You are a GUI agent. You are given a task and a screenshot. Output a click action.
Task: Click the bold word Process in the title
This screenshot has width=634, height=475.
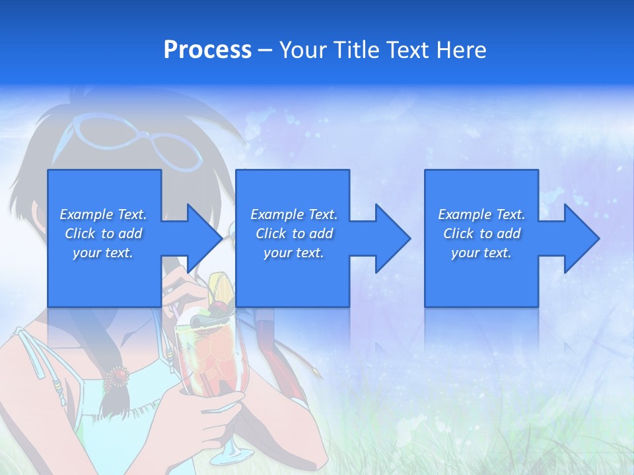207,50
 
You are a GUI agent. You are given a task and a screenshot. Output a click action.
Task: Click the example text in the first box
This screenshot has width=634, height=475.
104,234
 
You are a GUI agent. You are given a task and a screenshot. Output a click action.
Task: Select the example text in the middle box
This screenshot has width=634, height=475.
294,234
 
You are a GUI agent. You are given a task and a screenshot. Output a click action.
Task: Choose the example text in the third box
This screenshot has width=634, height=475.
481,234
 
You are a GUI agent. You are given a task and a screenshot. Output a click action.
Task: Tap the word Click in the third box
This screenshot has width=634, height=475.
459,234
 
